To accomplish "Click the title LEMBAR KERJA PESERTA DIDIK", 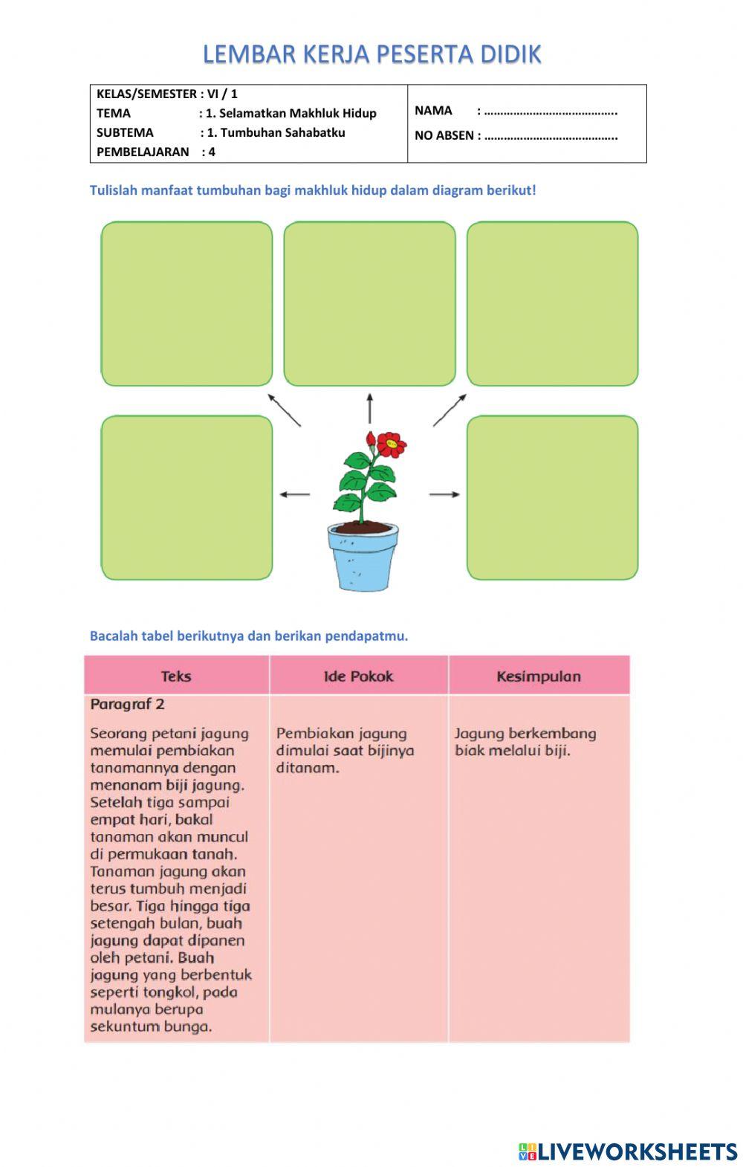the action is click(x=371, y=54).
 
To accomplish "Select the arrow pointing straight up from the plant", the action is click(x=369, y=408).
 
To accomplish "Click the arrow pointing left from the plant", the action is click(x=294, y=494).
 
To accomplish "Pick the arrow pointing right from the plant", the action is click(x=444, y=494).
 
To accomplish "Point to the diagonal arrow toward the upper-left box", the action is click(x=284, y=410).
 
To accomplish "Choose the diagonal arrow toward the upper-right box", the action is click(x=450, y=410).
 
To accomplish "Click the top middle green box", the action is click(x=369, y=303).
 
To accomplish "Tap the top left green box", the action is click(x=186, y=303).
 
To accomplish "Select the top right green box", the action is click(x=552, y=303).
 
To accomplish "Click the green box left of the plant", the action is click(x=186, y=497).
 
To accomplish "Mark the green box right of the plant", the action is click(x=552, y=497).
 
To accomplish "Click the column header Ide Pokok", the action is click(x=358, y=676).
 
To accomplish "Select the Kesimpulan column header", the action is click(x=539, y=676).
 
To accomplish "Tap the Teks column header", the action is click(x=176, y=676).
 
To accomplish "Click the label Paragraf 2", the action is click(x=127, y=704).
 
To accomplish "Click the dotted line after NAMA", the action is click(x=551, y=112).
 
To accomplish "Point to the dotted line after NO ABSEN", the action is click(x=551, y=136).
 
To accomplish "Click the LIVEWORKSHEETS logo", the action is click(x=627, y=1151).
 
